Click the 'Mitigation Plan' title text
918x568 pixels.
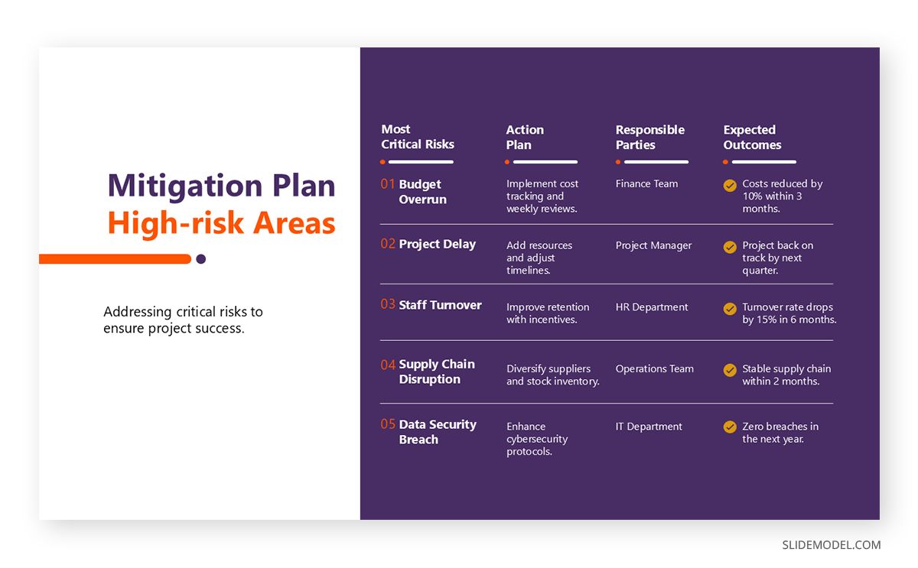[x=221, y=186]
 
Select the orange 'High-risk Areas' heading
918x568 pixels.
[x=221, y=223]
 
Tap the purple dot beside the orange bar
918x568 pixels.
[x=200, y=259]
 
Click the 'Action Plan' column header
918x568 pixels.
[x=525, y=137]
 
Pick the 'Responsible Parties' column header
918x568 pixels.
[x=649, y=137]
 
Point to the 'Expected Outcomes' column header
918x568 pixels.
[x=752, y=137]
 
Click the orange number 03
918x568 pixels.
[x=388, y=304]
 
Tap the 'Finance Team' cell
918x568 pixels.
[x=646, y=183]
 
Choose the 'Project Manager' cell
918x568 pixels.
[x=653, y=245]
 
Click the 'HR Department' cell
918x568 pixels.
[x=652, y=307]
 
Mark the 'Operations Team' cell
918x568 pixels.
[x=654, y=368]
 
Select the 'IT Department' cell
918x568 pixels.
[x=649, y=427]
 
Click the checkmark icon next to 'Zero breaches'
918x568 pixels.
[x=730, y=427]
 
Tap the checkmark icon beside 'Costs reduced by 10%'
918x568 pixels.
[x=730, y=185]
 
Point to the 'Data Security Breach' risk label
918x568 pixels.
[x=437, y=432]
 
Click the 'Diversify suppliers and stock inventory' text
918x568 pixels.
[x=552, y=375]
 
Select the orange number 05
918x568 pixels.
[x=388, y=424]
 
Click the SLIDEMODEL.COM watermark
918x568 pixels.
[x=831, y=545]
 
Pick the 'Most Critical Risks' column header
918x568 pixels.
[x=418, y=137]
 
